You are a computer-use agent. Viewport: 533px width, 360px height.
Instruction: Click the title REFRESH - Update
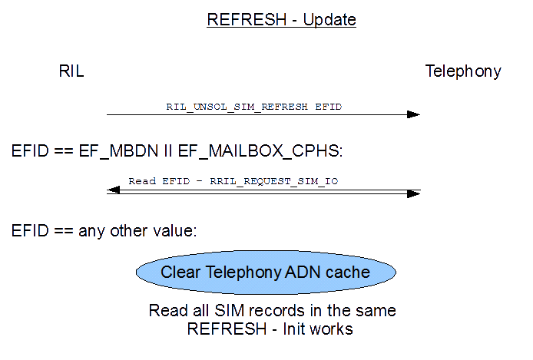pos(281,20)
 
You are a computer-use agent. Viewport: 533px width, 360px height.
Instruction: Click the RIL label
pos(71,71)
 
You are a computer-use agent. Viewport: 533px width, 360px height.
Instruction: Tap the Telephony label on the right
pos(463,71)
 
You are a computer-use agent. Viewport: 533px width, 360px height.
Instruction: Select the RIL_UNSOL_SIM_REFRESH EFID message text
pos(253,107)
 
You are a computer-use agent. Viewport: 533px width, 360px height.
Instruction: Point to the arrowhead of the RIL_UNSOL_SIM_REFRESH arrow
pos(413,114)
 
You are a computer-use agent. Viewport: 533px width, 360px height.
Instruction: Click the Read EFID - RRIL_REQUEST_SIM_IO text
pos(233,181)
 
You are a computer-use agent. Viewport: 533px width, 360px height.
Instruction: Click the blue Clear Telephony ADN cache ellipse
pos(266,272)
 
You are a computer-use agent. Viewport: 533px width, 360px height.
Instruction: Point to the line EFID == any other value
pos(104,230)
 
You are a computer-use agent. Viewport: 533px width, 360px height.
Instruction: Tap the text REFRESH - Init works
pos(270,329)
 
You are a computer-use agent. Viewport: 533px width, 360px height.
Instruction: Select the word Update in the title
pos(329,20)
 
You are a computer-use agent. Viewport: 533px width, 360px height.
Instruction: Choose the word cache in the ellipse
pos(346,272)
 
